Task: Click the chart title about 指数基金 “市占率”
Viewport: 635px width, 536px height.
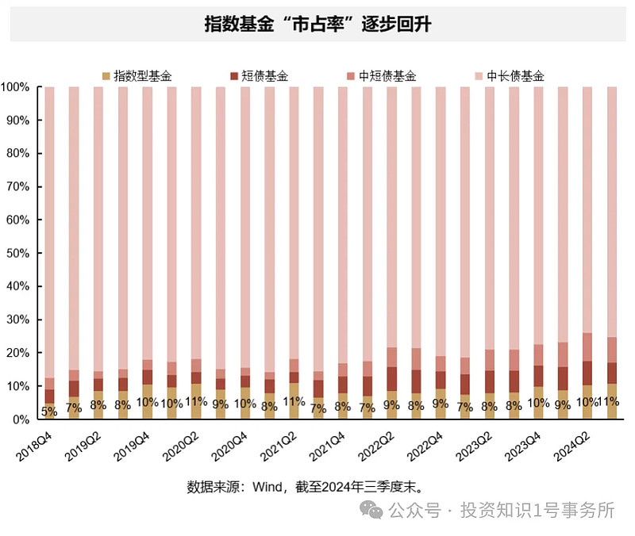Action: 317,24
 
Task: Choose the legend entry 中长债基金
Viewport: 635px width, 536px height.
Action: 515,76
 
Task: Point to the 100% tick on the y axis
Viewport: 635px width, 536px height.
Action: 17,86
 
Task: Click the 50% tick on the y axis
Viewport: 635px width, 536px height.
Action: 19,253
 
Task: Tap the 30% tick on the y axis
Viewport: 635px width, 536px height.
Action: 19,320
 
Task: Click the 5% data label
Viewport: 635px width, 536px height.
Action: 49,411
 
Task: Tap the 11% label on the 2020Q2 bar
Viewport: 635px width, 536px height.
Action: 196,402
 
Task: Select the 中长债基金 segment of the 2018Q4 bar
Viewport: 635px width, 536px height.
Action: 49,230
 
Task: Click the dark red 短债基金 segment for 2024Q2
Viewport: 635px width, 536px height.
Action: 587,373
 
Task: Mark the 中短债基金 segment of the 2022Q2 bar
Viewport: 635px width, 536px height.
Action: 391,357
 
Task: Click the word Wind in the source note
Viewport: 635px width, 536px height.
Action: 269,485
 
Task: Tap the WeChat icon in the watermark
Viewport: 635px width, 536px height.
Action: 370,511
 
